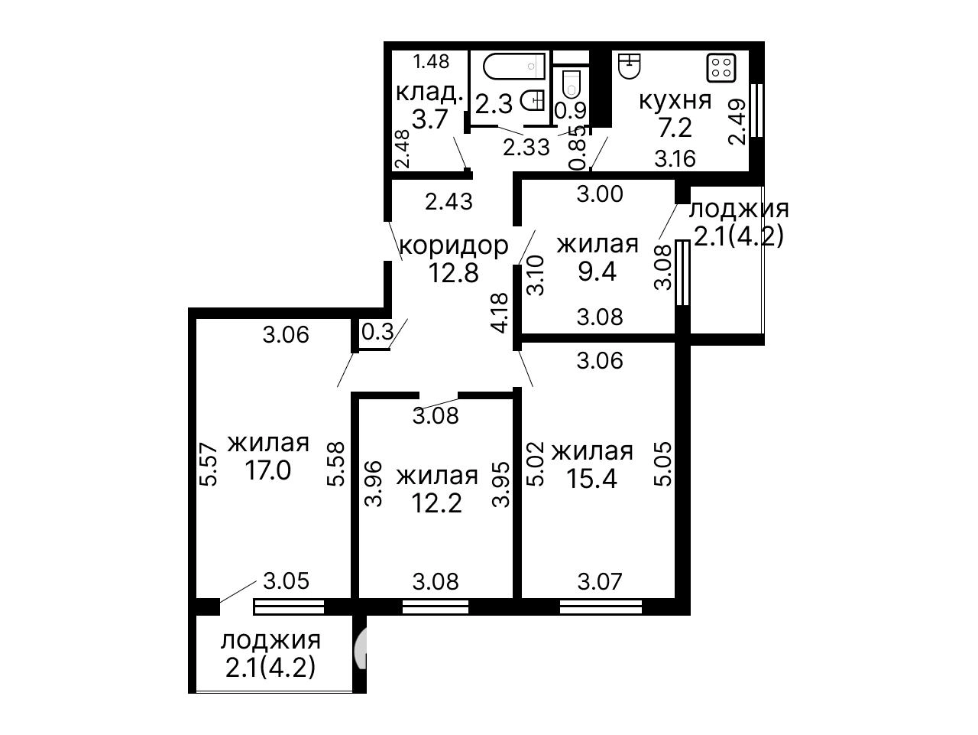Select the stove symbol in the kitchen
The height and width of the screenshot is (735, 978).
click(x=721, y=68)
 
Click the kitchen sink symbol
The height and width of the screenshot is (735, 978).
click(x=629, y=67)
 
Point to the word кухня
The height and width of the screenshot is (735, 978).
click(x=675, y=100)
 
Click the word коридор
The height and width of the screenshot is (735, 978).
click(x=454, y=246)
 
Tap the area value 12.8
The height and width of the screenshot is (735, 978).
click(x=453, y=273)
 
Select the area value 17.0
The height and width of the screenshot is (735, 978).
click(x=267, y=470)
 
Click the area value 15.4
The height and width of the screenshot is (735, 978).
click(x=591, y=479)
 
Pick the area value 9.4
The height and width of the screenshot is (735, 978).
click(x=597, y=272)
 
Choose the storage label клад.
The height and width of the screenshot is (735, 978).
click(x=429, y=93)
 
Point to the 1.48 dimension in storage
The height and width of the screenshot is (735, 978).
click(x=431, y=61)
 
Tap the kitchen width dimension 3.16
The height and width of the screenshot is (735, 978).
click(x=675, y=159)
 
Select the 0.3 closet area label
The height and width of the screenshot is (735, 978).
click(x=377, y=331)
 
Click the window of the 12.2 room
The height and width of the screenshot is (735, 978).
click(x=436, y=607)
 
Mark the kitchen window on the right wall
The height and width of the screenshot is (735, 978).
click(x=757, y=111)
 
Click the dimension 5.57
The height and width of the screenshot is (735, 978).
click(x=208, y=463)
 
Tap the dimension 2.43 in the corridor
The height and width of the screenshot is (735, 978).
click(x=449, y=202)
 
